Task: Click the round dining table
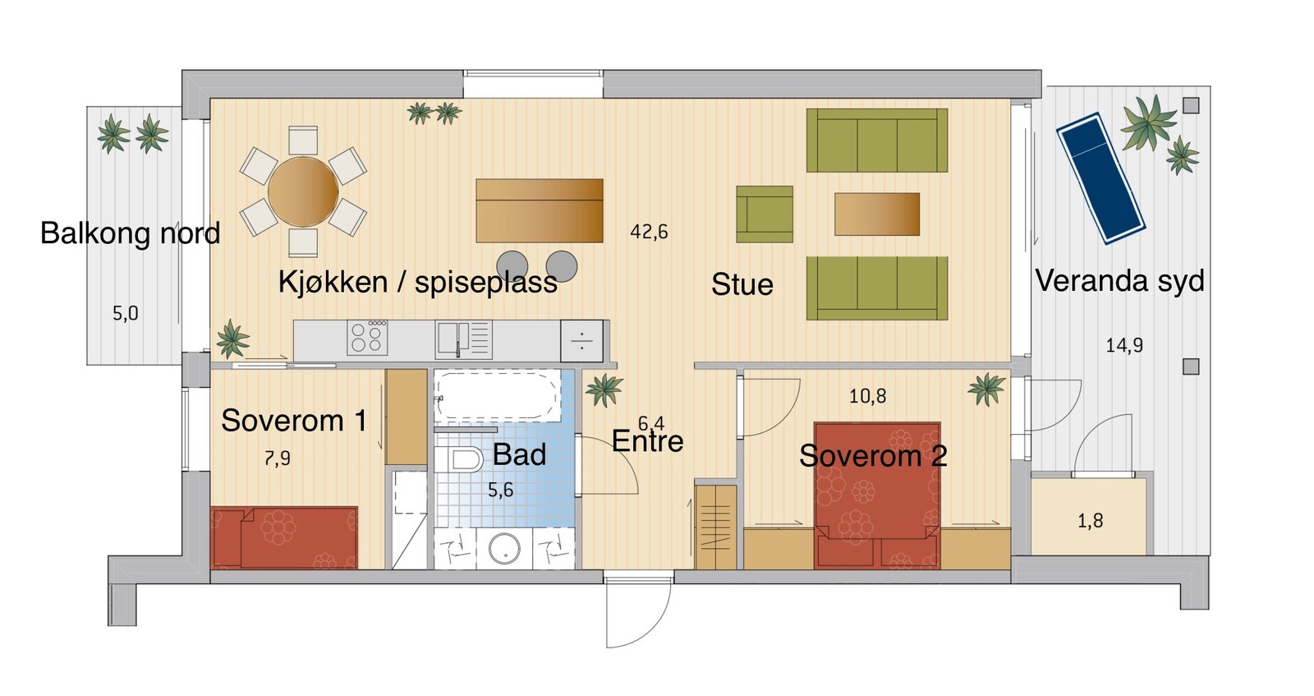pyautogui.click(x=303, y=192)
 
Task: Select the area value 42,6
pyautogui.click(x=649, y=232)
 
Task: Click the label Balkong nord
pyautogui.click(x=130, y=233)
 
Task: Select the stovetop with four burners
pyautogui.click(x=367, y=338)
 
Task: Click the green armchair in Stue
pyautogui.click(x=764, y=214)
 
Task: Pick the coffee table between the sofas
pyautogui.click(x=876, y=214)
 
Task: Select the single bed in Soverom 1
pyautogui.click(x=284, y=537)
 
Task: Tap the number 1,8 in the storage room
pyautogui.click(x=1090, y=521)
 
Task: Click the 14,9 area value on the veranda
pyautogui.click(x=1123, y=346)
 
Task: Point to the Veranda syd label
pyautogui.click(x=1119, y=281)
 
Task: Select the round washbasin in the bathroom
pyautogui.click(x=503, y=548)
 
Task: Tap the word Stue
pyautogui.click(x=742, y=284)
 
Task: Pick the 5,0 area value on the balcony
pyautogui.click(x=125, y=313)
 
